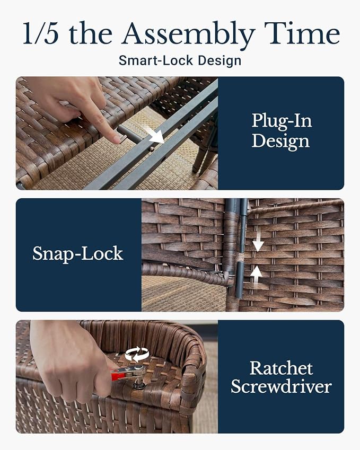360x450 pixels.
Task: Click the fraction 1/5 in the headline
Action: (40, 34)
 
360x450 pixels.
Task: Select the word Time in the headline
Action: (302, 33)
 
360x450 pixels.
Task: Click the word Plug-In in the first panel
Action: (282, 121)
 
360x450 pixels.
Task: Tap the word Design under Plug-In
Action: (280, 142)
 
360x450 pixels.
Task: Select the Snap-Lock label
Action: (78, 253)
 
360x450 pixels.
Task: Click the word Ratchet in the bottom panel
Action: (281, 368)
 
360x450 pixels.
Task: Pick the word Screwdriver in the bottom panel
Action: (281, 386)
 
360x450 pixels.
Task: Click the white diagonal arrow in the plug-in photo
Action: (154, 134)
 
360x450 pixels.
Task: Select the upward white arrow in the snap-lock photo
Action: (256, 276)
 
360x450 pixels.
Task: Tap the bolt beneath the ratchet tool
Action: (139, 383)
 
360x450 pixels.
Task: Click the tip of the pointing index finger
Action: (117, 139)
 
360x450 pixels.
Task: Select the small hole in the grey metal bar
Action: (152, 148)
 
